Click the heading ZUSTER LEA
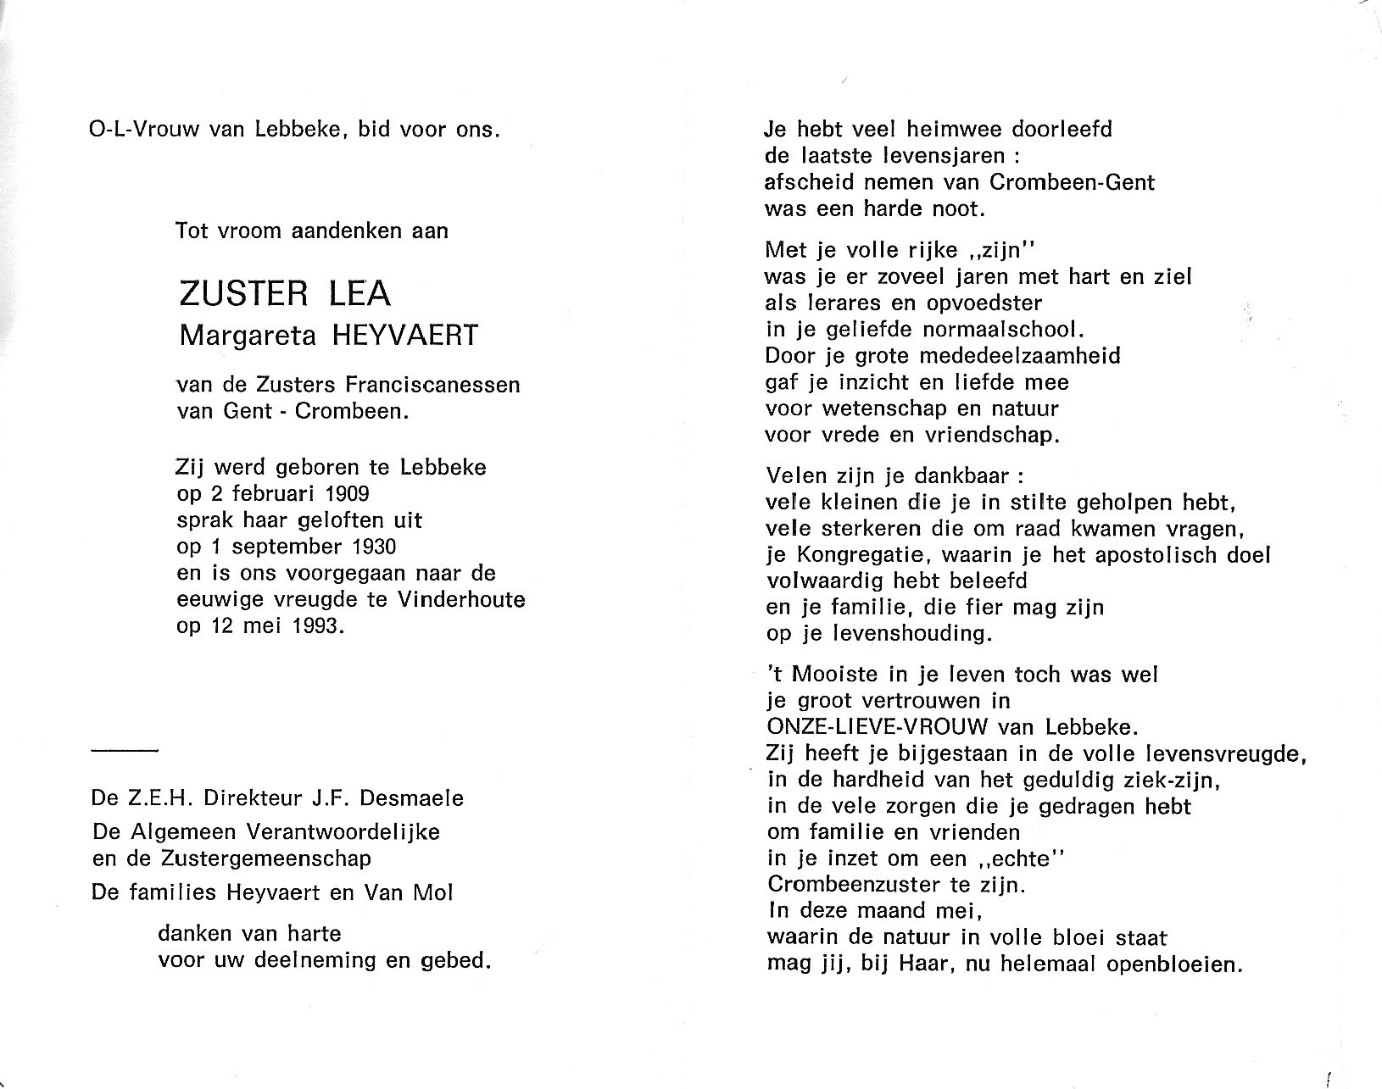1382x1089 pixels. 285,293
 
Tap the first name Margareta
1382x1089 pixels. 247,336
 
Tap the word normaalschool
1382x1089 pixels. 988,329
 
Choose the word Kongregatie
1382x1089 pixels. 858,555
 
